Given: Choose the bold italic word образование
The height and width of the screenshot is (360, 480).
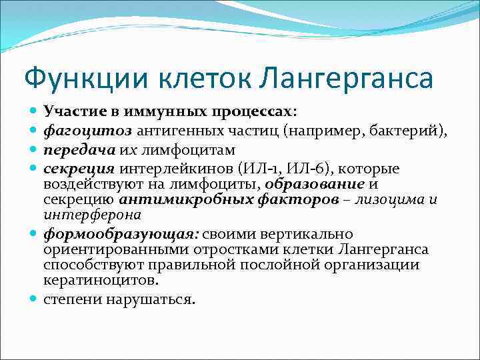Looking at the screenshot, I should coord(315,185).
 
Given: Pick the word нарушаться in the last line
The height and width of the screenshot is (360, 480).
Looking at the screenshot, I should coord(157,299).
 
